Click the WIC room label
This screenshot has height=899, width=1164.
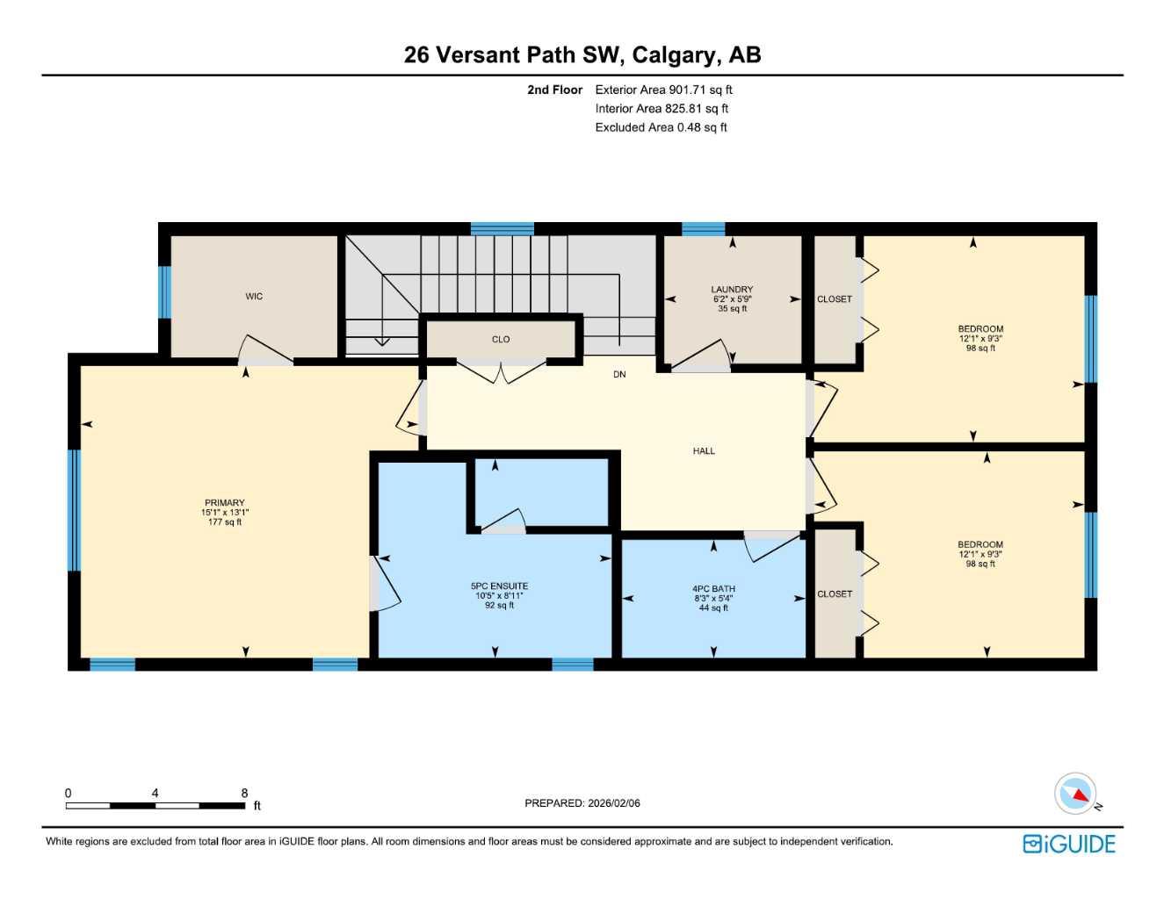tap(254, 297)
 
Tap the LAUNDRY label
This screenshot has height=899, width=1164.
tap(732, 290)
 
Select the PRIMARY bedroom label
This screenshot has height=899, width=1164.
tap(225, 503)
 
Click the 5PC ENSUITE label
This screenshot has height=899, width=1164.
tap(499, 586)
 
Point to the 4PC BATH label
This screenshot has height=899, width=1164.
tap(713, 589)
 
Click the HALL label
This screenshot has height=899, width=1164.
tap(704, 451)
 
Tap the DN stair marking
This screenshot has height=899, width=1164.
tap(619, 375)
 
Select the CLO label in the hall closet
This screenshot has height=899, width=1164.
tap(501, 340)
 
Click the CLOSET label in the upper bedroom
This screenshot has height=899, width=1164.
tap(834, 299)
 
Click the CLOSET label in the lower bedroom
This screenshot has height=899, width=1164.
tap(834, 594)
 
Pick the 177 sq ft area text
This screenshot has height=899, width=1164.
tap(225, 522)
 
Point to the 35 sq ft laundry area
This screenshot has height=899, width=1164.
tap(732, 309)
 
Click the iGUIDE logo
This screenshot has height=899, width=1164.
tap(1069, 844)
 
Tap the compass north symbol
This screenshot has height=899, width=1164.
tap(1076, 795)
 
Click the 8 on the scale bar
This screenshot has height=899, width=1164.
tap(244, 793)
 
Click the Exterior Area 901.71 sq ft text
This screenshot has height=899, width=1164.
tap(663, 90)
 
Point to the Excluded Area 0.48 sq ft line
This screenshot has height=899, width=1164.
tap(661, 127)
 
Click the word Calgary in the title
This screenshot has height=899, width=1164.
tap(674, 55)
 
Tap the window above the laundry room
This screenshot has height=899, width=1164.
tap(703, 229)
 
